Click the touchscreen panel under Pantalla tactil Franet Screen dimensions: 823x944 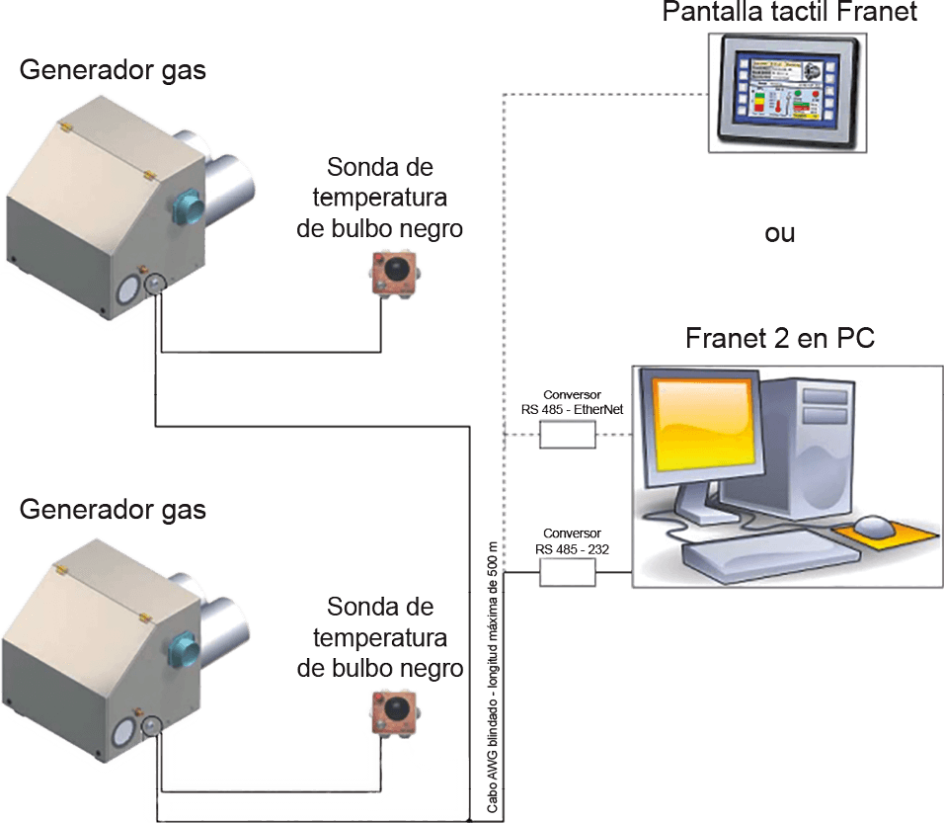[787, 92]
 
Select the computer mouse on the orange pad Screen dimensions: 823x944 [874, 526]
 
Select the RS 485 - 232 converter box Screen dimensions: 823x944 [568, 572]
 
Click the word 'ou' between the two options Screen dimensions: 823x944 [781, 234]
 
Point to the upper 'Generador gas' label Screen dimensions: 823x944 [113, 71]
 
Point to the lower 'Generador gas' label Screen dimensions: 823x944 [113, 511]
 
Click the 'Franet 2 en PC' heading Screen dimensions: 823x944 [780, 338]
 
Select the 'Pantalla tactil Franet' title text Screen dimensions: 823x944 [790, 12]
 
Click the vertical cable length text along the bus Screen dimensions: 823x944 [494, 682]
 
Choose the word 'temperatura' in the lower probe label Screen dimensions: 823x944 [380, 636]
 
